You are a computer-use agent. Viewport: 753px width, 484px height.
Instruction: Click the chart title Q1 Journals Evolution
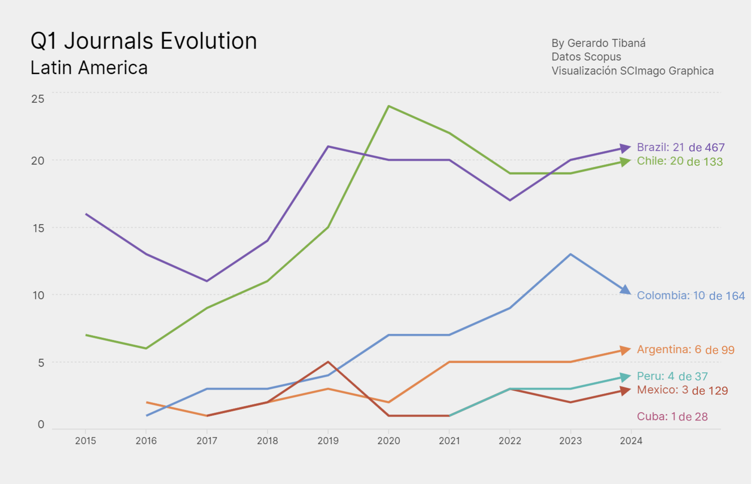[x=143, y=41]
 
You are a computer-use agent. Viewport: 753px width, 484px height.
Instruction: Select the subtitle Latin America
[x=89, y=68]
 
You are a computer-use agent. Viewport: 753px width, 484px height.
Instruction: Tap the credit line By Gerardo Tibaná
[x=598, y=43]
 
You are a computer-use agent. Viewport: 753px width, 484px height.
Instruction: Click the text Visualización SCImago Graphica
[x=632, y=71]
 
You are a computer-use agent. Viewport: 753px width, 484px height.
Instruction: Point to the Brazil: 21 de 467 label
[x=681, y=147]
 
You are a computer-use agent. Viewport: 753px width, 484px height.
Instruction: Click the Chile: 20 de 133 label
[x=679, y=161]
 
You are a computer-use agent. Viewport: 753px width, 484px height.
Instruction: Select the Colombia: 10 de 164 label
[x=690, y=295]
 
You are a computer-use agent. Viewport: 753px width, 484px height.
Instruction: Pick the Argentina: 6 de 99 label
[x=685, y=349]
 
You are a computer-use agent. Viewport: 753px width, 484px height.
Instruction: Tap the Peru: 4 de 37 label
[x=672, y=376]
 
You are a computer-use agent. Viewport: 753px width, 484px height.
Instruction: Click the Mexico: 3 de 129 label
[x=682, y=390]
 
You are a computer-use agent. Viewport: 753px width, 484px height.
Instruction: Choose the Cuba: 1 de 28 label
[x=672, y=416]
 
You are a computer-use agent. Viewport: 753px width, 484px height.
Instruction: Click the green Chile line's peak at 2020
[x=389, y=106]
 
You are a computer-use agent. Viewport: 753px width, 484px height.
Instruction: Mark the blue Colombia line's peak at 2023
[x=570, y=254]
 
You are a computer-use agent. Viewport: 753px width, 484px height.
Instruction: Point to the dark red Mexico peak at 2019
[x=328, y=362]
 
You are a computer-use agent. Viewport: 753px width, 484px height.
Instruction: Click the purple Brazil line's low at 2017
[x=207, y=281]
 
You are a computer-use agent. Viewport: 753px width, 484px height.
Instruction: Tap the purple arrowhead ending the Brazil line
[x=625, y=148]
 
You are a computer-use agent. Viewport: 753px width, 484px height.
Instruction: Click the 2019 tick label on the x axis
[x=328, y=441]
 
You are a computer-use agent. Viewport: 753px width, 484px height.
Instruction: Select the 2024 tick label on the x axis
[x=631, y=441]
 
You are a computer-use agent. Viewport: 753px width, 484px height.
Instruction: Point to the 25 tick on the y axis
[x=38, y=99]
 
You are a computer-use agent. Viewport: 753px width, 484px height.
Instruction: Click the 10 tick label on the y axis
[x=38, y=295]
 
